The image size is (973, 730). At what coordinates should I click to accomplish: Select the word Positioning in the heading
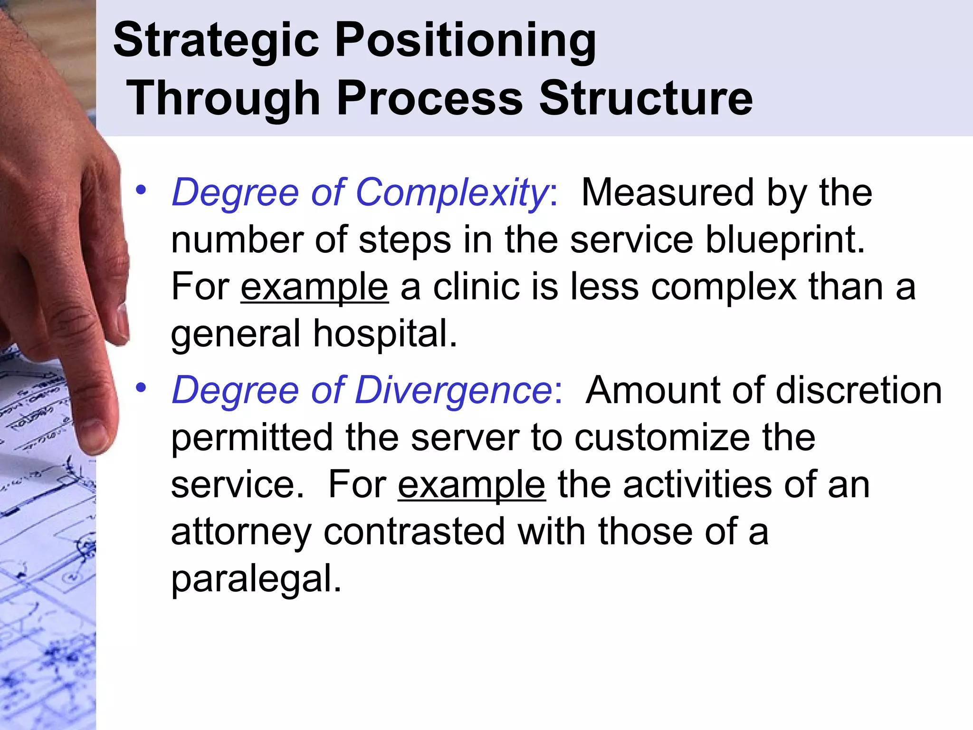coord(466,42)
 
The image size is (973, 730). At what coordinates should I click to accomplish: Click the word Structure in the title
coord(646,98)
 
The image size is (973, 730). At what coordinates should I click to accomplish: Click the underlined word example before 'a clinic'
coord(315,287)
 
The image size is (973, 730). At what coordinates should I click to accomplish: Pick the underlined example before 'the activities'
coord(472,485)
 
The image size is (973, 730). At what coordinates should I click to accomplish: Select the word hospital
coord(385,334)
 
